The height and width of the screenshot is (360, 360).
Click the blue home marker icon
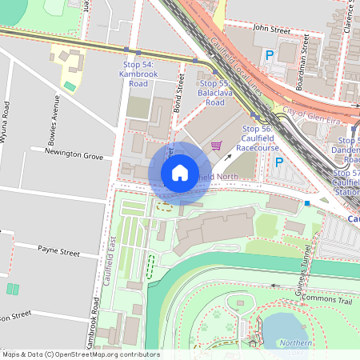180,173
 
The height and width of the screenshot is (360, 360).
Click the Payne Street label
58,251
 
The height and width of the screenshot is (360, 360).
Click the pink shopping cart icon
215,146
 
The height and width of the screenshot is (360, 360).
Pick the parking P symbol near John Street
269,55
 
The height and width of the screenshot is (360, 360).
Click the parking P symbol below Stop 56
278,162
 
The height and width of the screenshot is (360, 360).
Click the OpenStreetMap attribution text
80,354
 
